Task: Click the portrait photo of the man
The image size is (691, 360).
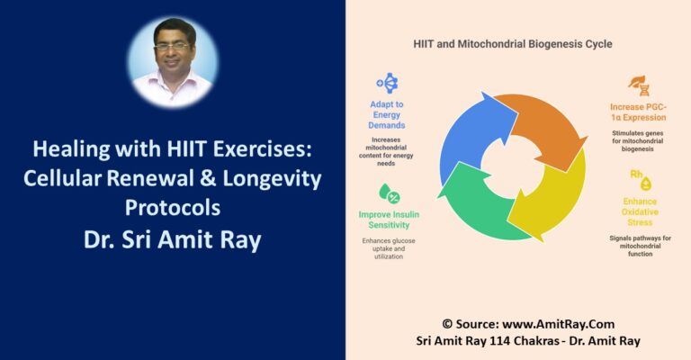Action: click(173, 61)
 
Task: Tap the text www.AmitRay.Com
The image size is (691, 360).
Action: click(545, 324)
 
